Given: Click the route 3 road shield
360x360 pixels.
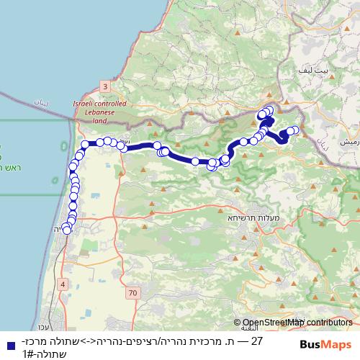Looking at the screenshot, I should [105, 86].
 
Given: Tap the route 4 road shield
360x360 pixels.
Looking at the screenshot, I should [63, 284].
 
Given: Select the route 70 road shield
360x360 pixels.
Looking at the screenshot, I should [132, 293].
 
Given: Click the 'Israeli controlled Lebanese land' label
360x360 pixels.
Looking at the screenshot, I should [99, 112].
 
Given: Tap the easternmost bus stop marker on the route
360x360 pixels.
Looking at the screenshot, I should [294, 130].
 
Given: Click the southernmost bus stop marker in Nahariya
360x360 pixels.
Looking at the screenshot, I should [67, 230].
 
